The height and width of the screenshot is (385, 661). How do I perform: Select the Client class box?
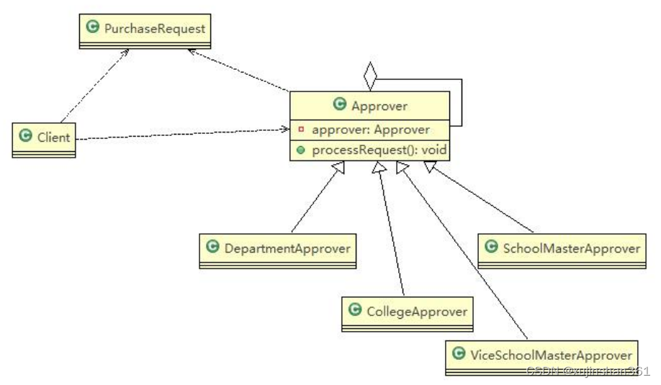click(x=44, y=137)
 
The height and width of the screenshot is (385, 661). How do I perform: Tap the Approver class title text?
click(x=379, y=106)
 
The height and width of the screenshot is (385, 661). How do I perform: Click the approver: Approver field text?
click(x=371, y=130)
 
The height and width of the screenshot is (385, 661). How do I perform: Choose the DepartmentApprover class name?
click(x=287, y=248)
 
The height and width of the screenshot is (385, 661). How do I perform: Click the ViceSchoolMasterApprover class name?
click(x=551, y=355)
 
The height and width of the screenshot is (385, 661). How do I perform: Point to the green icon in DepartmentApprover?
click(x=212, y=248)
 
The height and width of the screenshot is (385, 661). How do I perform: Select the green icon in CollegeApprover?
click(x=354, y=311)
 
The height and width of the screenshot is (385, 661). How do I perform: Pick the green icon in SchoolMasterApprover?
click(x=490, y=248)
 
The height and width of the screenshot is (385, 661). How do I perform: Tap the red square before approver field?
click(x=300, y=130)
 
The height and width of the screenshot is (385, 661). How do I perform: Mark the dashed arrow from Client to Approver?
click(x=180, y=134)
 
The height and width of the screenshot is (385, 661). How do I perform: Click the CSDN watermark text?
click(x=588, y=371)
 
